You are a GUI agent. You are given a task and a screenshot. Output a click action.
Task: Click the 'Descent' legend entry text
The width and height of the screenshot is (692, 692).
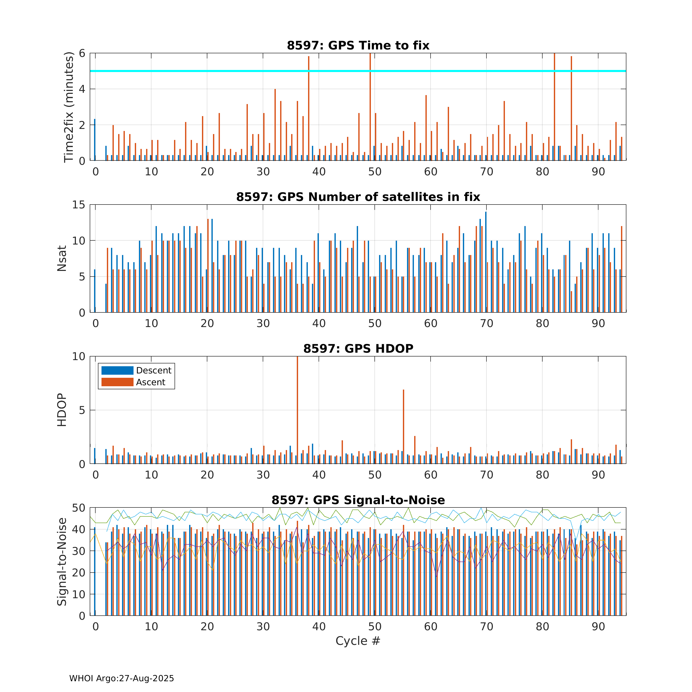pyautogui.click(x=154, y=370)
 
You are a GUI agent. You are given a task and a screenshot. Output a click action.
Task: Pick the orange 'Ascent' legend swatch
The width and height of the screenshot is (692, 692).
pyautogui.click(x=117, y=382)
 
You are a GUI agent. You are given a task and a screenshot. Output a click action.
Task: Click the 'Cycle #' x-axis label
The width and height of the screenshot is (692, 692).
pyautogui.click(x=358, y=641)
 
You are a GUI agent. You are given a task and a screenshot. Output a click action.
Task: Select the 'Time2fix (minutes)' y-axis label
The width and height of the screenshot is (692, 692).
pyautogui.click(x=68, y=107)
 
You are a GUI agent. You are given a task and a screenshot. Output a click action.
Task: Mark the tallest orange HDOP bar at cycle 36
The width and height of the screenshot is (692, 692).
pyautogui.click(x=297, y=410)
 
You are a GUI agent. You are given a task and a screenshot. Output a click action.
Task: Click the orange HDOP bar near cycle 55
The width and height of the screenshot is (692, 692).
pyautogui.click(x=404, y=426)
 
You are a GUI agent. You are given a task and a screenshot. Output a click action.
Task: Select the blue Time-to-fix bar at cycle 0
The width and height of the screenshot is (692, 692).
pyautogui.click(x=95, y=140)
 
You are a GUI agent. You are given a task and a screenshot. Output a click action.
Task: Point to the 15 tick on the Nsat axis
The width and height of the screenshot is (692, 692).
pyautogui.click(x=79, y=205)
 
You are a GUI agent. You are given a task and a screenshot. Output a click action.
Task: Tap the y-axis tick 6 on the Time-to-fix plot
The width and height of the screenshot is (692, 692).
pyautogui.click(x=82, y=53)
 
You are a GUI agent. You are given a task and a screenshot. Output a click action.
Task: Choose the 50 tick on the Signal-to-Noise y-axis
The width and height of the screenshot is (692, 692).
pyautogui.click(x=79, y=508)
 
